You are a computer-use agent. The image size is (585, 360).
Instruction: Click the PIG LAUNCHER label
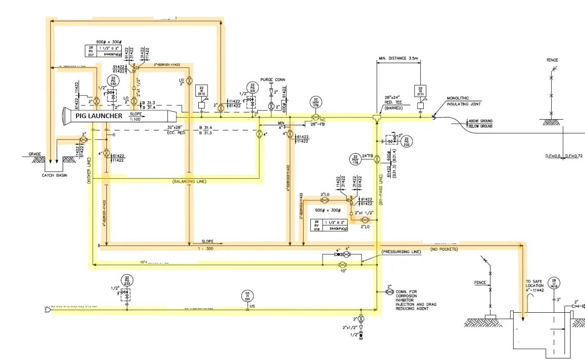(99, 116)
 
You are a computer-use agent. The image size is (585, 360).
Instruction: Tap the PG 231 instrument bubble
(252, 87)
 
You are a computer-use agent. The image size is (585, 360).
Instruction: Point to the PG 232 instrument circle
(406, 141)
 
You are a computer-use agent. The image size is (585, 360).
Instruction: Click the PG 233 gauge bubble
(127, 280)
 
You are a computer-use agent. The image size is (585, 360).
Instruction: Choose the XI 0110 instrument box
(201, 91)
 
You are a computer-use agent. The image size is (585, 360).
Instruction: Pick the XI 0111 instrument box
(420, 91)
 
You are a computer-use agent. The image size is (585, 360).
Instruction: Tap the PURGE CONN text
(272, 80)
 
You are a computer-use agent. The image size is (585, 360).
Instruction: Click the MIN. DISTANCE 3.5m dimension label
(399, 58)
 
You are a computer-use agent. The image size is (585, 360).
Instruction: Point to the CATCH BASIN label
(55, 176)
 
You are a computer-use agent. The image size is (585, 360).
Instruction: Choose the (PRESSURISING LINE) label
(401, 252)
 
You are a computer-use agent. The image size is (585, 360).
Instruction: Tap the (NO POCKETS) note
(445, 249)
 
